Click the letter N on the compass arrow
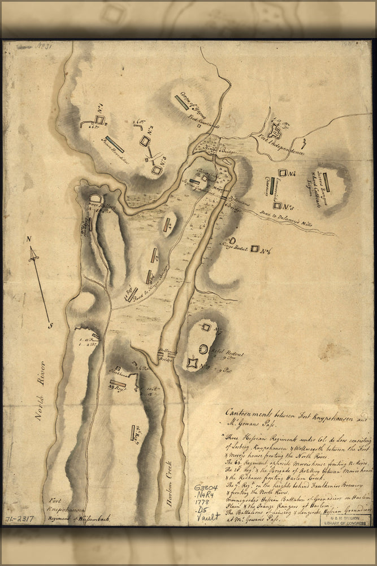click(28, 239)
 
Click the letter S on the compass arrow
click(51, 325)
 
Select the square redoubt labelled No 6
click(255, 248)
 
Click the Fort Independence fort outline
click(276, 132)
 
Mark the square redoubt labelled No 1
click(99, 119)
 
